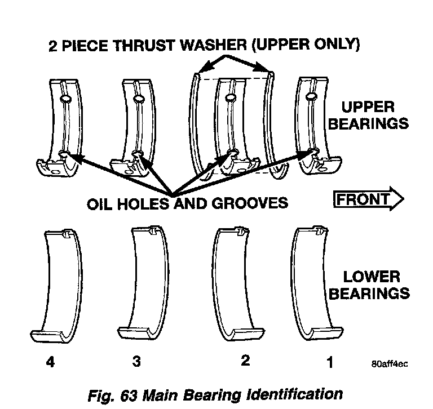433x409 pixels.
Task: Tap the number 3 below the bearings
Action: (136, 361)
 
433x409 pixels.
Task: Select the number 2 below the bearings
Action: (245, 360)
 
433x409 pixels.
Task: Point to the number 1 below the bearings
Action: (330, 363)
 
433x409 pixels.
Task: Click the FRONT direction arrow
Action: (368, 199)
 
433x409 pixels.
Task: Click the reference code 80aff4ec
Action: (389, 363)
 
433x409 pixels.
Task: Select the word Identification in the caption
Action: (294, 393)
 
